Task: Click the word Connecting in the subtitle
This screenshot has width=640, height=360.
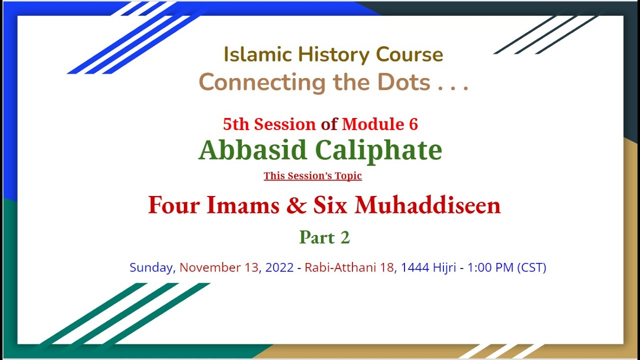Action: tap(262, 82)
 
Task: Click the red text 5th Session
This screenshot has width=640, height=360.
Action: tap(269, 124)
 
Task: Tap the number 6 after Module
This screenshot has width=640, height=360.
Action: tap(413, 124)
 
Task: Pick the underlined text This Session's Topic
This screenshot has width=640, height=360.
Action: tap(313, 176)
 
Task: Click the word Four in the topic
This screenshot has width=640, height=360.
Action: tap(173, 205)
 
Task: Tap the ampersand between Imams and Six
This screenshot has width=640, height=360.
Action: tap(296, 205)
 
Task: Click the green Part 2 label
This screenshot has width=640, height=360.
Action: tap(324, 238)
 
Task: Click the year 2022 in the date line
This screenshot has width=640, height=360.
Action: tap(279, 267)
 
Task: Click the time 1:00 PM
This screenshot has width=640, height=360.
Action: tap(490, 267)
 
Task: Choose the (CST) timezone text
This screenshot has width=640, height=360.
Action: tap(531, 267)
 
